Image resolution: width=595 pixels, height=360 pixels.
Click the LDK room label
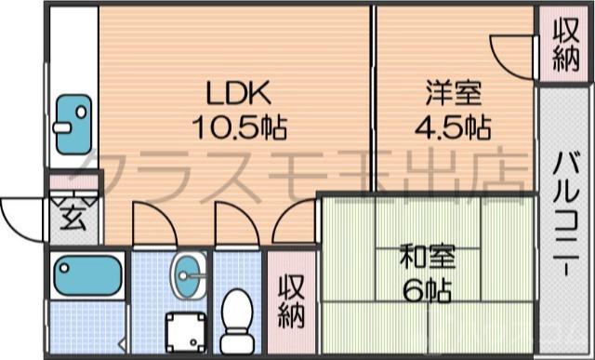coord(237,93)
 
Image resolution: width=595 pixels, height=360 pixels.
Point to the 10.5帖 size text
coord(238,125)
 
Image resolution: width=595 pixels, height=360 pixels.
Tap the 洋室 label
coord(453,93)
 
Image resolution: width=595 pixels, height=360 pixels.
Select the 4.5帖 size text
coord(453,125)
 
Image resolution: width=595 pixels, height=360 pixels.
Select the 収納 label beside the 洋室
coord(563,44)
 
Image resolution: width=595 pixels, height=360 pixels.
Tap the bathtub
coord(85,275)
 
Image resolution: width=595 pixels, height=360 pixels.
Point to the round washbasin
coord(190,273)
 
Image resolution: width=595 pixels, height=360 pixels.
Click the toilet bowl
coord(237,312)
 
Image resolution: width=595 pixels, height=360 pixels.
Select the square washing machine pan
coord(186,329)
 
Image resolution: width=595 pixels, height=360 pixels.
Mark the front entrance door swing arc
coord(20,216)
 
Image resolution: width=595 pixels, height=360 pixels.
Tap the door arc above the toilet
coord(235,223)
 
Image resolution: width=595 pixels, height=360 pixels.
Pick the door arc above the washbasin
coord(151,223)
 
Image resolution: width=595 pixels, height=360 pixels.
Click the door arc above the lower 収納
coord(295,226)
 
